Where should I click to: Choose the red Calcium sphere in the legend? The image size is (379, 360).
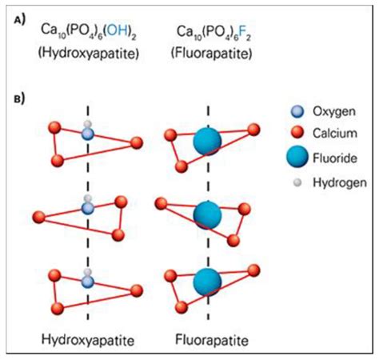pyautogui.click(x=297, y=134)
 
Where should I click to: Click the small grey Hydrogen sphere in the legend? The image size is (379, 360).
pyautogui.click(x=297, y=182)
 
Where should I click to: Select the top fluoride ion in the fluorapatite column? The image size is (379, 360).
pyautogui.click(x=209, y=142)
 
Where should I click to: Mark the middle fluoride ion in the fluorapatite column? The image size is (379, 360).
pyautogui.click(x=208, y=214)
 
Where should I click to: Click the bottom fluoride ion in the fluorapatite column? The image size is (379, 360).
pyautogui.click(x=208, y=281)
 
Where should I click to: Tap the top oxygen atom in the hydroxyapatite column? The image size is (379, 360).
pyautogui.click(x=88, y=134)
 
